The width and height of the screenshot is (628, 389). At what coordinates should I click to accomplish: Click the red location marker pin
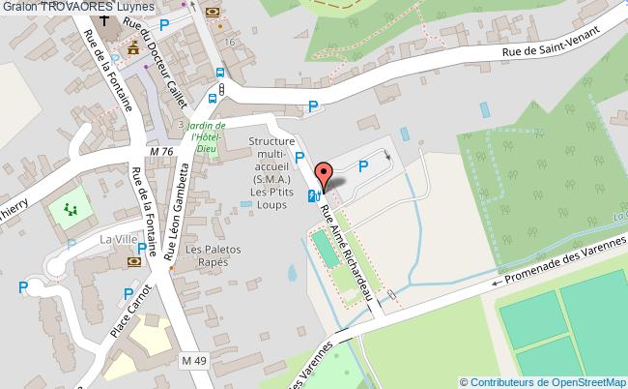click(x=325, y=174)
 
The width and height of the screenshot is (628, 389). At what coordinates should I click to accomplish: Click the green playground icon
click(x=69, y=208)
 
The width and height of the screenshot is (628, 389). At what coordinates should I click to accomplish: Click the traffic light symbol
click(x=222, y=90)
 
